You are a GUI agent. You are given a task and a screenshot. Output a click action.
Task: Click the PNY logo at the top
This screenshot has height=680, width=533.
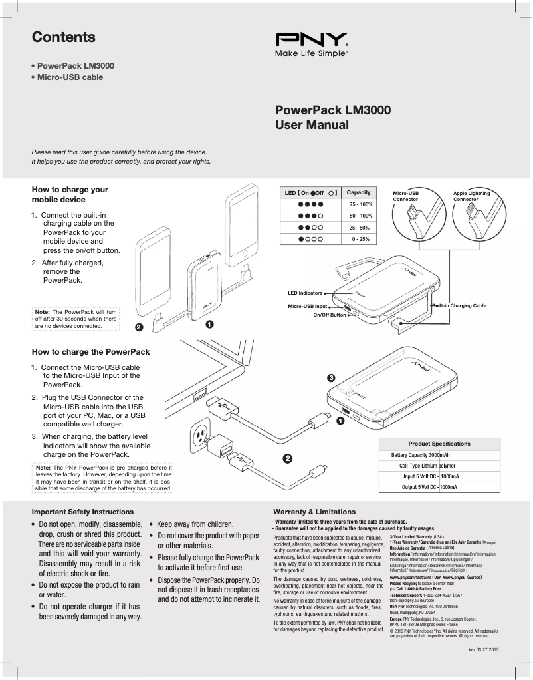pyautogui.click(x=310, y=39)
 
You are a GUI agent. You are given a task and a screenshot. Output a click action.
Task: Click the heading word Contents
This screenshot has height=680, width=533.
pyautogui.click(x=64, y=37)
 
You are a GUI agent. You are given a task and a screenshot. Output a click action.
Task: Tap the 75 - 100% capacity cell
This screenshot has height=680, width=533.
pyautogui.click(x=360, y=204)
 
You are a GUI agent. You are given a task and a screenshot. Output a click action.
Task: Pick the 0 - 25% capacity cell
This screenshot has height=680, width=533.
pyautogui.click(x=360, y=238)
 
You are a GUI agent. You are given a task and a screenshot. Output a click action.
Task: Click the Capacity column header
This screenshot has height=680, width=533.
pyautogui.click(x=359, y=192)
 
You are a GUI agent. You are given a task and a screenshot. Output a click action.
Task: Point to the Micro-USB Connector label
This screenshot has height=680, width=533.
pyautogui.click(x=406, y=196)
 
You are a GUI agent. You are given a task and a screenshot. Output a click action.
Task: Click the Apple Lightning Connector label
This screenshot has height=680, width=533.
pyautogui.click(x=471, y=196)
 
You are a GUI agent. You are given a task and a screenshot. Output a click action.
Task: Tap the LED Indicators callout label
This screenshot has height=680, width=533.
pyautogui.click(x=304, y=293)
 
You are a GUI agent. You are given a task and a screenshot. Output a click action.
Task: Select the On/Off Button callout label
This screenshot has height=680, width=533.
pyautogui.click(x=330, y=315)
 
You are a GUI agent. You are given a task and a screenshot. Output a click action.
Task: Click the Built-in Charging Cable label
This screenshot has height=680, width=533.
pyautogui.click(x=461, y=305)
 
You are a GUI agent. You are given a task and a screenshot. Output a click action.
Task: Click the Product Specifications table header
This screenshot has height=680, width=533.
pyautogui.click(x=439, y=444)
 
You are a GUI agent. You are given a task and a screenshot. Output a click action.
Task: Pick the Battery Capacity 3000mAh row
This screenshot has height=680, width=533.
pyautogui.click(x=430, y=455)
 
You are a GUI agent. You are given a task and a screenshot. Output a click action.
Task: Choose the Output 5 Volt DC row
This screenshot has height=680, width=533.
pyautogui.click(x=430, y=488)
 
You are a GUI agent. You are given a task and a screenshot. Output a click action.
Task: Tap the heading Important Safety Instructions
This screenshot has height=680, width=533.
pyautogui.click(x=82, y=512)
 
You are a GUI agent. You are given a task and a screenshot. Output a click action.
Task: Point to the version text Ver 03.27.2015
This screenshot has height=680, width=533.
pyautogui.click(x=483, y=649)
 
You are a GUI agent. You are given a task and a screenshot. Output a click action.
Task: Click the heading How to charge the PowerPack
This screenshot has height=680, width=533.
pyautogui.click(x=90, y=352)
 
